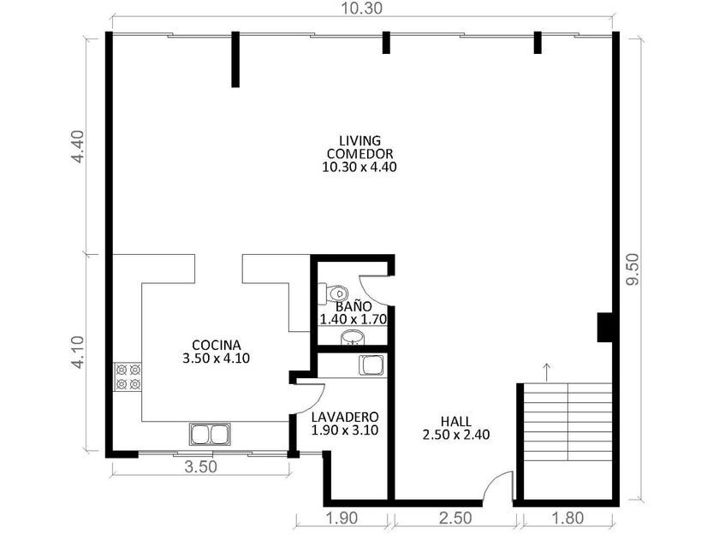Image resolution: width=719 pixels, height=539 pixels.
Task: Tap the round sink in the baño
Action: tap(353, 337)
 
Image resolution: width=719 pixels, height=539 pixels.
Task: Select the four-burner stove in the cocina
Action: tap(128, 376)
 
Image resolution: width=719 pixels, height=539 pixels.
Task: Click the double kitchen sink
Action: tap(210, 434)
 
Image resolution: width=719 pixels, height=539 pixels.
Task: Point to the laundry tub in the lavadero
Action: tap(371, 365)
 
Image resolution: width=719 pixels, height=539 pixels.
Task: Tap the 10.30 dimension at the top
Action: tap(361, 8)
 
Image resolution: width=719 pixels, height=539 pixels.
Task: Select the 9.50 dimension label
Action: tap(633, 269)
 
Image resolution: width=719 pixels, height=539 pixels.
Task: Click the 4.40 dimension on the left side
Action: tap(78, 146)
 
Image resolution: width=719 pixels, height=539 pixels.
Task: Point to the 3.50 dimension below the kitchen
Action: tap(200, 466)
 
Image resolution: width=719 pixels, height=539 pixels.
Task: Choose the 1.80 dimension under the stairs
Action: tap(567, 518)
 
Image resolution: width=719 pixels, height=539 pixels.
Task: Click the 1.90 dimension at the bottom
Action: tap(342, 518)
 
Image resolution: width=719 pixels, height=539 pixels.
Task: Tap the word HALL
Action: tap(455, 421)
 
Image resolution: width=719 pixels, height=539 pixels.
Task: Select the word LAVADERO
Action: tap(345, 418)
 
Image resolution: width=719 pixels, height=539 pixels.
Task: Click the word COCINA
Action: tap(216, 345)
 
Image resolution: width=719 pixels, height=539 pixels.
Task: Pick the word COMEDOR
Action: tap(359, 153)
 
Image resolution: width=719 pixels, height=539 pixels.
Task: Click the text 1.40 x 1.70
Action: tap(353, 319)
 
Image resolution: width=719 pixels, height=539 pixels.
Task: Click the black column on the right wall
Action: tap(604, 327)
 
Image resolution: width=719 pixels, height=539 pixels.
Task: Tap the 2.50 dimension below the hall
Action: tap(455, 518)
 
